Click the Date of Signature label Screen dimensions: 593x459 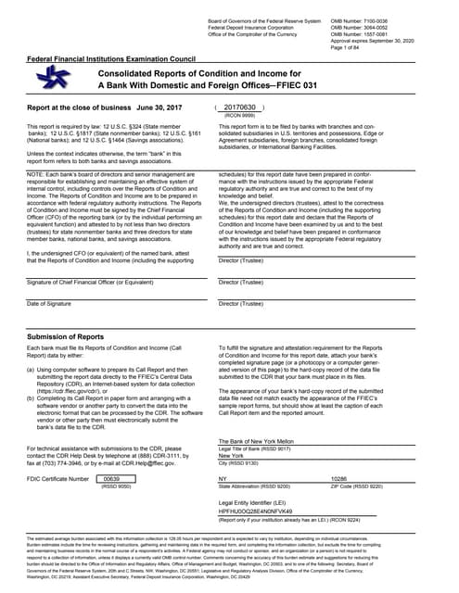pos(45,304)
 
